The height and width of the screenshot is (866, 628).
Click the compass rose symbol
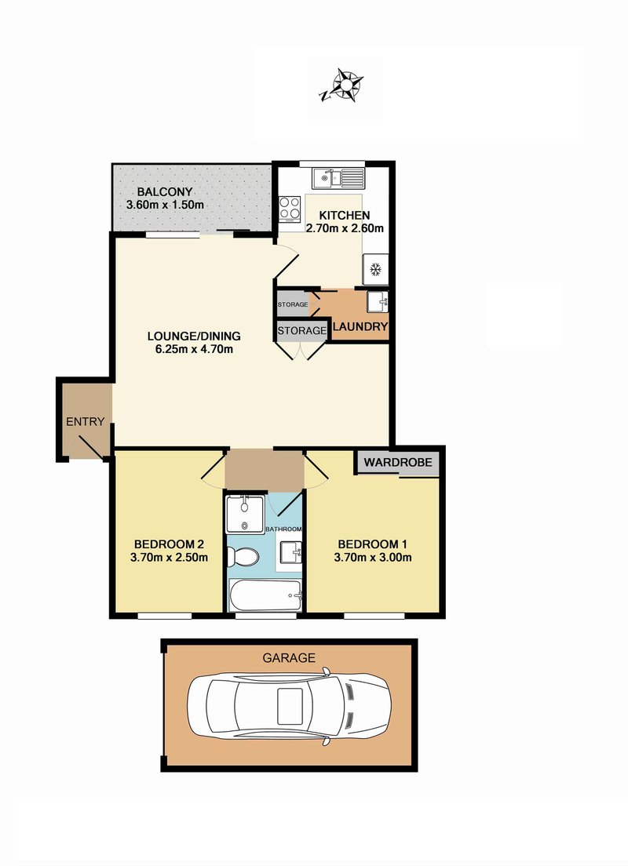click(344, 86)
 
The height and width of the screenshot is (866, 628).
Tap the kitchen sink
click(338, 178)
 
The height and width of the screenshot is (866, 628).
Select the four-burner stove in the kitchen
click(290, 208)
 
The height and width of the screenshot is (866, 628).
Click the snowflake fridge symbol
click(376, 270)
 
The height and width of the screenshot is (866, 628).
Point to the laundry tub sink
click(378, 301)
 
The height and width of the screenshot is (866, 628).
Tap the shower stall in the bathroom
click(246, 515)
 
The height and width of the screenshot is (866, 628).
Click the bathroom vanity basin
click(291, 551)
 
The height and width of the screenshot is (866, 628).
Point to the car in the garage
click(289, 706)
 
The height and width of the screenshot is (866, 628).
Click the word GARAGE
click(289, 658)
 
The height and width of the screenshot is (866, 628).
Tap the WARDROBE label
click(398, 462)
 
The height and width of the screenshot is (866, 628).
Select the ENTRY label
click(85, 422)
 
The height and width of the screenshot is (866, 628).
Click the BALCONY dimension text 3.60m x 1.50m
click(166, 205)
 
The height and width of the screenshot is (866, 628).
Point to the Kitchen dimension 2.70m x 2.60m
click(345, 228)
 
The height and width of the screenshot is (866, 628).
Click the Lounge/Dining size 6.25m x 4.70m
click(194, 349)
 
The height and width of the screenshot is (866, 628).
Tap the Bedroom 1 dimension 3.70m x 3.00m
click(373, 557)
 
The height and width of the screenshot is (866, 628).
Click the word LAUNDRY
click(360, 326)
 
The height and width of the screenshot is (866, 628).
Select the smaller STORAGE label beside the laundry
click(293, 304)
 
